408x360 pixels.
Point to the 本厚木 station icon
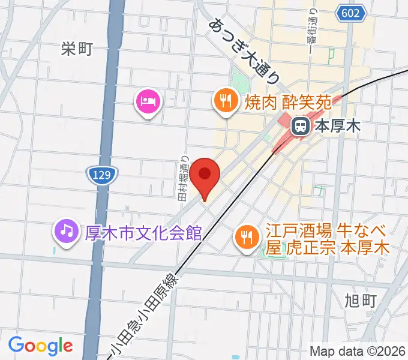(x=299, y=126)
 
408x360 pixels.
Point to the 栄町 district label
(x=77, y=49)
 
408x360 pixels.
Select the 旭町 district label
(x=361, y=298)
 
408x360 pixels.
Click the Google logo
(x=40, y=346)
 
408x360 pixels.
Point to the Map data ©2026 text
(x=358, y=351)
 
